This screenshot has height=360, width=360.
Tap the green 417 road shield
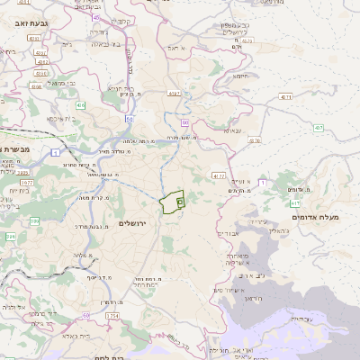(295, 205)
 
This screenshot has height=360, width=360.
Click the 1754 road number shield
(112, 317)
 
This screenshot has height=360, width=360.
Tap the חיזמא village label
(241, 76)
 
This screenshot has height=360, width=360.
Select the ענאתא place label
(233, 131)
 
